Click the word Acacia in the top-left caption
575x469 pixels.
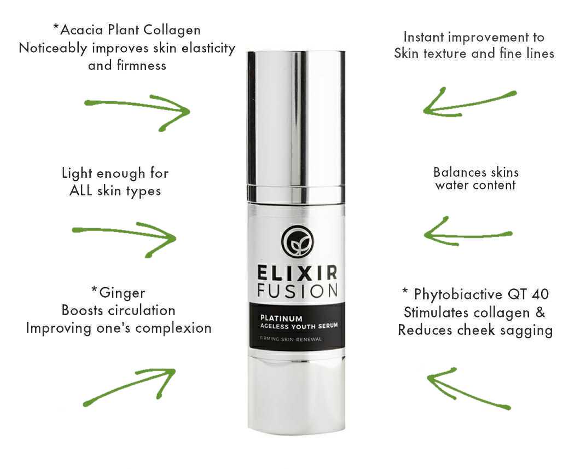click(82, 30)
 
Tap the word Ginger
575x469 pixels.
click(122, 293)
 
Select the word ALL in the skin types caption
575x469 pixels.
click(80, 190)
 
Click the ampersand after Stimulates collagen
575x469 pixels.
click(540, 312)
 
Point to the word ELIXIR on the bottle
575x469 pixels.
click(297, 273)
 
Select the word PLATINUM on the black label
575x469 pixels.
click(281, 319)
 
